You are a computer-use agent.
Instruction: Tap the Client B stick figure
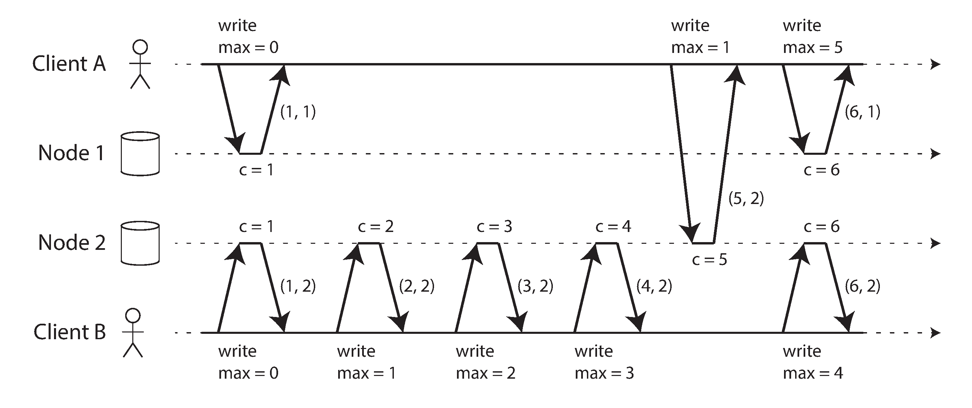pyautogui.click(x=133, y=332)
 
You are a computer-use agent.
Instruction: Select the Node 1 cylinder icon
pyautogui.click(x=140, y=153)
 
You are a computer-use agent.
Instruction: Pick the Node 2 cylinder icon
pyautogui.click(x=140, y=243)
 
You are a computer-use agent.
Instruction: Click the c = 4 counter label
pyautogui.click(x=613, y=226)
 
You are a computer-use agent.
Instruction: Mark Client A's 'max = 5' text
pyautogui.click(x=813, y=48)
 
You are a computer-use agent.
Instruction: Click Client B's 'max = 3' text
pyautogui.click(x=604, y=373)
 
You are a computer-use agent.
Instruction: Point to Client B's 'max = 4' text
pyautogui.click(x=813, y=373)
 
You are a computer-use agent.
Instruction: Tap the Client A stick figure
pyautogui.click(x=140, y=64)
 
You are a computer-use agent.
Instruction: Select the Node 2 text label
pyautogui.click(x=72, y=242)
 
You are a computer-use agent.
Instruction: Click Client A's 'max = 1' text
pyautogui.click(x=700, y=48)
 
